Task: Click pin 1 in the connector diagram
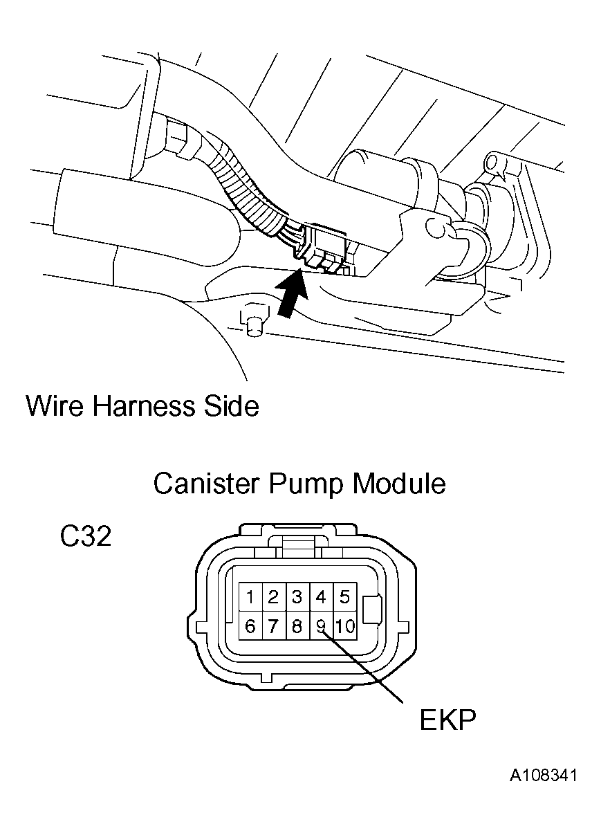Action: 250,597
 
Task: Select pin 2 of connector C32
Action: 274,597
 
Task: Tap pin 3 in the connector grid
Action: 297,597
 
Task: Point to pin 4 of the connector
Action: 321,597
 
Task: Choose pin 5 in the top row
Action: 344,597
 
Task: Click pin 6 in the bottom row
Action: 250,627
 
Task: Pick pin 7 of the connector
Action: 274,627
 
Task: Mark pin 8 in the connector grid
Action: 297,627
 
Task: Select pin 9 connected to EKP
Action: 321,627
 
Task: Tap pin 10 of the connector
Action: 344,627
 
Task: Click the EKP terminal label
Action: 447,720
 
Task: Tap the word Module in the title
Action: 398,484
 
